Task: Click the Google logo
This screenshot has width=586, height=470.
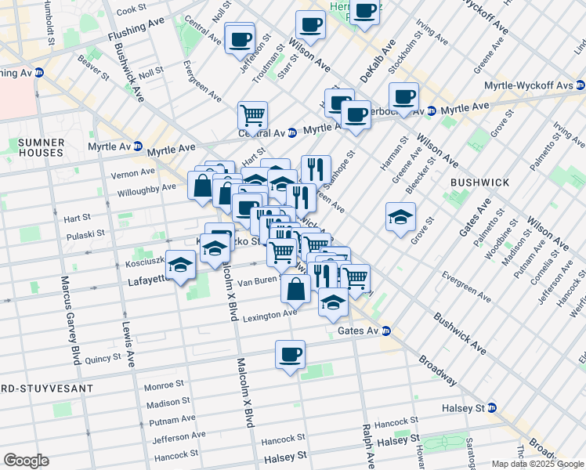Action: (x=27, y=461)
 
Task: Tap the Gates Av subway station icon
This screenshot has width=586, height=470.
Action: (x=386, y=331)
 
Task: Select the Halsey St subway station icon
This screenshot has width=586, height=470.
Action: (x=491, y=408)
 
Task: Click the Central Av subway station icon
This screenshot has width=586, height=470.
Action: (x=292, y=132)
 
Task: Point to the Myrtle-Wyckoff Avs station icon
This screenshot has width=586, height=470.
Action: (x=581, y=85)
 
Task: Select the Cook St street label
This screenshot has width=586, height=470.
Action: (x=131, y=9)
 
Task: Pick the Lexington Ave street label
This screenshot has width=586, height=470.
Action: (x=269, y=315)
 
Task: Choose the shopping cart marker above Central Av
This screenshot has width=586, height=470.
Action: (x=252, y=115)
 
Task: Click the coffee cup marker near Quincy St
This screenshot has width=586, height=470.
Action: (x=290, y=354)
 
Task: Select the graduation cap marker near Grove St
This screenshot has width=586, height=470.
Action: (x=400, y=216)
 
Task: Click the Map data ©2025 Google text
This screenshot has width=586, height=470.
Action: (x=537, y=463)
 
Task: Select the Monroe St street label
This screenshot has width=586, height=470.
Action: (x=165, y=386)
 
